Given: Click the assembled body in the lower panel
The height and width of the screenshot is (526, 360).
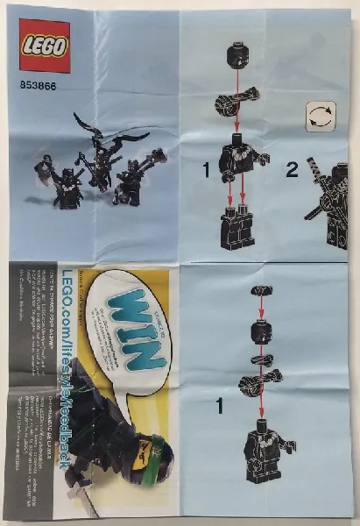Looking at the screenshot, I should click(x=262, y=447).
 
